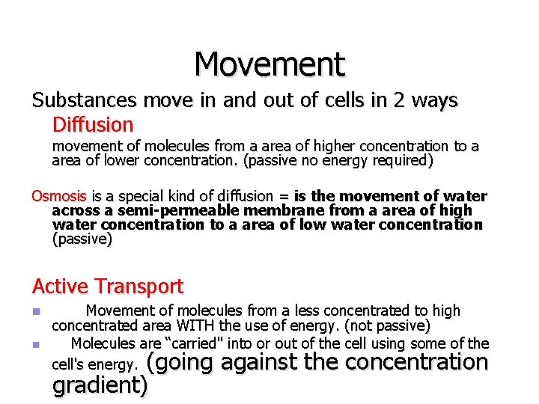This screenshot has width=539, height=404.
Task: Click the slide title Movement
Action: tap(269, 64)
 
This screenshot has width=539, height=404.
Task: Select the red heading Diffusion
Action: tap(93, 124)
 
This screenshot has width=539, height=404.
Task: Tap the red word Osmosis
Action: tap(59, 196)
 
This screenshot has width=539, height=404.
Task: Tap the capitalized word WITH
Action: tap(196, 325)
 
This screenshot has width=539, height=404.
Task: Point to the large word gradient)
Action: tap(100, 385)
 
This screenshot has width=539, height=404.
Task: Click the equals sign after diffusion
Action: tap(284, 197)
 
